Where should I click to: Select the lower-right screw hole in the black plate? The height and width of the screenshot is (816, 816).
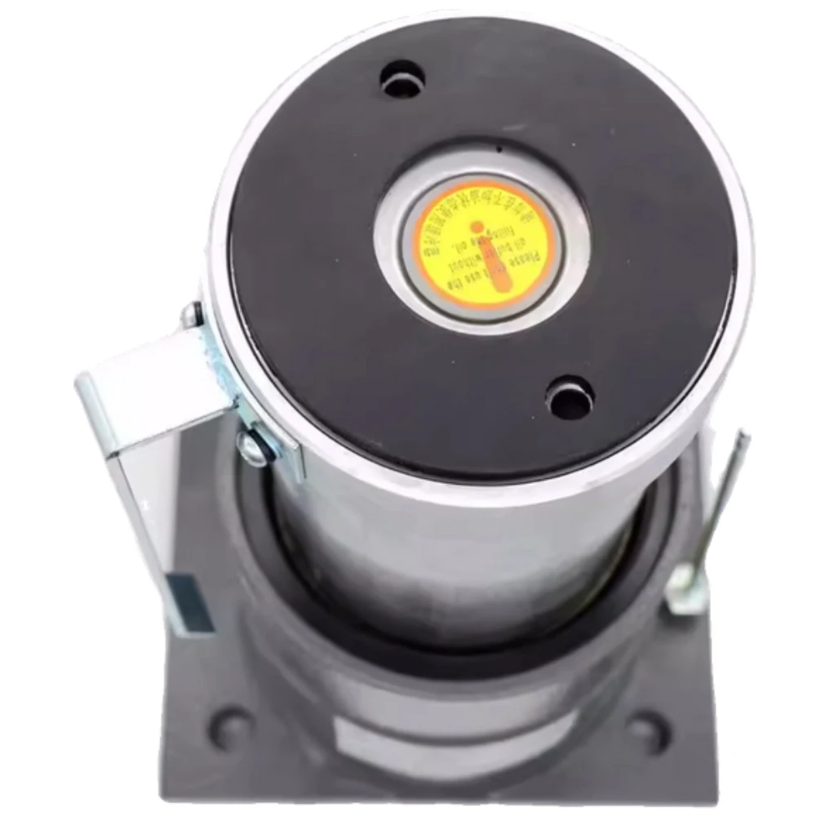tap(570, 400)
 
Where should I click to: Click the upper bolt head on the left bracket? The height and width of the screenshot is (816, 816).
tap(190, 314)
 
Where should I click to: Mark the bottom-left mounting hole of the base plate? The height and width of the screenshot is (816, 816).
tap(231, 726)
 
